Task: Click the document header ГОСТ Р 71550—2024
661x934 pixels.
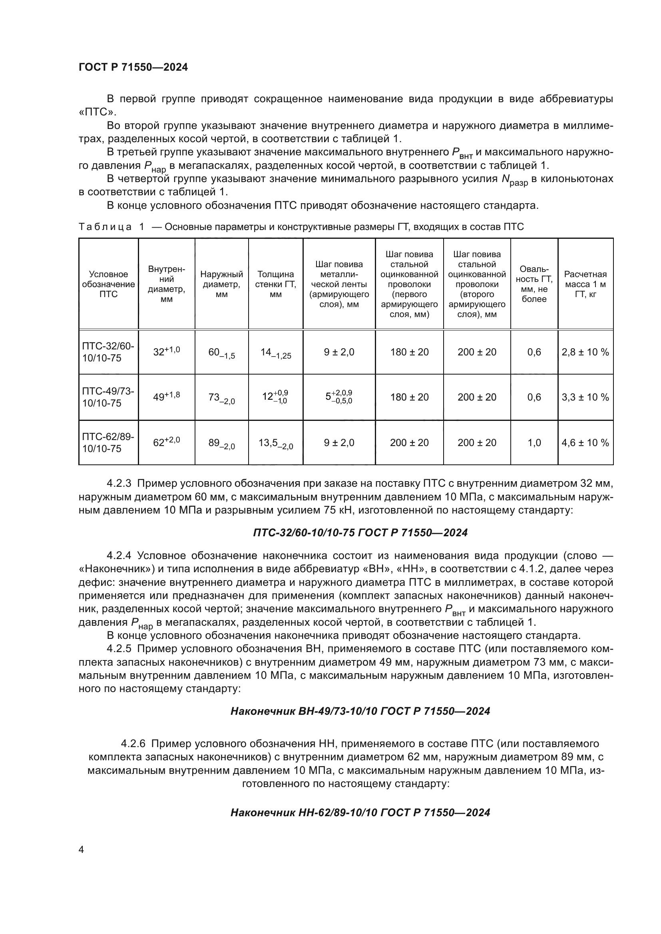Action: pyautogui.click(x=133, y=67)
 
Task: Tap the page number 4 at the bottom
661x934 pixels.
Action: pyautogui.click(x=81, y=849)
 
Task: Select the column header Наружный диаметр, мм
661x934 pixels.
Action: pyautogui.click(x=221, y=284)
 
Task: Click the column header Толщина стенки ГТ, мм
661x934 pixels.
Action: pyautogui.click(x=276, y=284)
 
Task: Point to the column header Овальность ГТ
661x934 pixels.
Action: pyautogui.click(x=534, y=284)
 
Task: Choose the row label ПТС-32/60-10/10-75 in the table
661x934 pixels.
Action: pyautogui.click(x=108, y=352)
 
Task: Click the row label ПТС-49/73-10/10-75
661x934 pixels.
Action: pyautogui.click(x=108, y=397)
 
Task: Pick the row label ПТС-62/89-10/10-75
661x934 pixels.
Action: pyautogui.click(x=108, y=442)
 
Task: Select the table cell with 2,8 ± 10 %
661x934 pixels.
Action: pyautogui.click(x=585, y=352)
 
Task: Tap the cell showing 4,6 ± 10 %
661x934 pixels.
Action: pyautogui.click(x=585, y=442)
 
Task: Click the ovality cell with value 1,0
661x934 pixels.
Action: pyautogui.click(x=534, y=442)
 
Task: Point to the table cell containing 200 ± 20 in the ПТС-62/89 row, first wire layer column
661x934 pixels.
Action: pyautogui.click(x=409, y=442)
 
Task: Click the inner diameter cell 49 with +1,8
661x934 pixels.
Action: pyautogui.click(x=167, y=397)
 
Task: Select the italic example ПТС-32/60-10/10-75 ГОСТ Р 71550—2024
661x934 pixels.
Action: pyautogui.click(x=360, y=533)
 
